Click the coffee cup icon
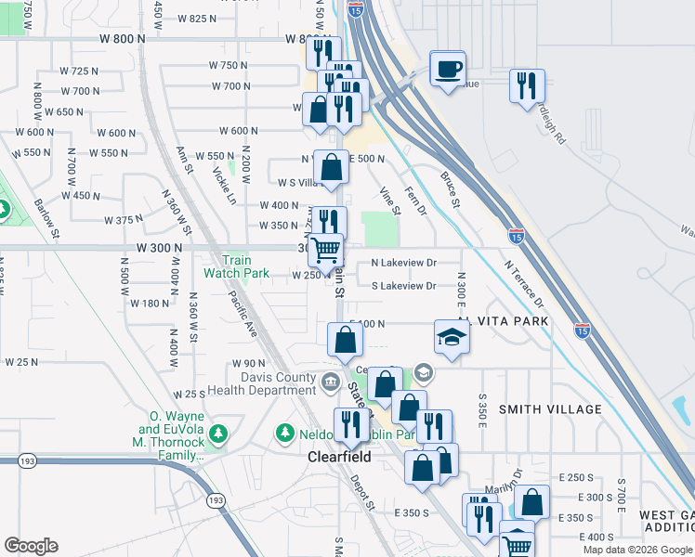448,69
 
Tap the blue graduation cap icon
452,335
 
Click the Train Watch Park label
237,267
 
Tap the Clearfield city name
340,458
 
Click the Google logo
31,546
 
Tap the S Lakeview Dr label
404,286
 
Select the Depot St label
362,493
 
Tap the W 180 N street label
151,303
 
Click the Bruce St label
451,188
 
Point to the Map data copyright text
637,550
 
